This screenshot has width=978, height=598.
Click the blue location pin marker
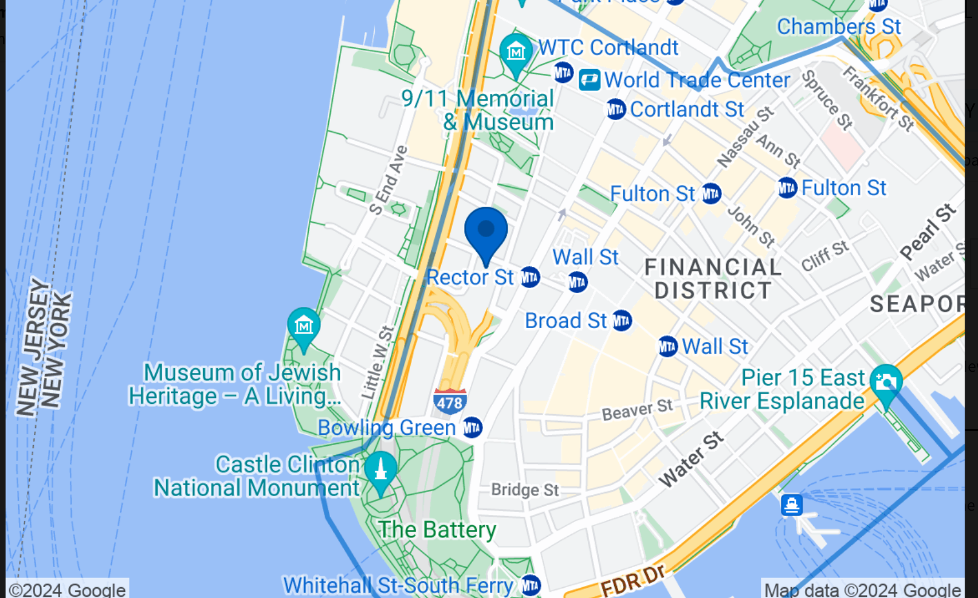485,231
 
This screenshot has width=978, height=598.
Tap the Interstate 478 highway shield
450,401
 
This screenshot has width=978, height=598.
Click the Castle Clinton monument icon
380,469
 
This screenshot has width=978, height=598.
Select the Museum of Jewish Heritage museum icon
303,326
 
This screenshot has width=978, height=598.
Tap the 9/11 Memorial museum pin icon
516,51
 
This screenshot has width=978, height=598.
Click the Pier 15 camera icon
886,382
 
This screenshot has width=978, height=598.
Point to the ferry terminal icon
792,505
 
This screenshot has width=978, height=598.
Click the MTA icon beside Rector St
530,278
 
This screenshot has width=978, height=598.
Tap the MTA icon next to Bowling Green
472,428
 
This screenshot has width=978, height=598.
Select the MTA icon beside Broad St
622,320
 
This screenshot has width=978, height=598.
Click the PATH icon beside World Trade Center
589,80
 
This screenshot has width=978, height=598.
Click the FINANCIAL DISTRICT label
713,278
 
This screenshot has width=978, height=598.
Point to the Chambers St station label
838,27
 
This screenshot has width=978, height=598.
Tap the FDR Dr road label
632,581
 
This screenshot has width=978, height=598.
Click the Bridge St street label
525,489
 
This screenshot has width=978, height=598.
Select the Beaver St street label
637,409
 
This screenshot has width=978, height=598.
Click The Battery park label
437,529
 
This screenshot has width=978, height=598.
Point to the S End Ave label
388,180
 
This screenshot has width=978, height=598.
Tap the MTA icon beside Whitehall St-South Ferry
531,585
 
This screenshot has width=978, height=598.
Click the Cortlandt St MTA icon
616,110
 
